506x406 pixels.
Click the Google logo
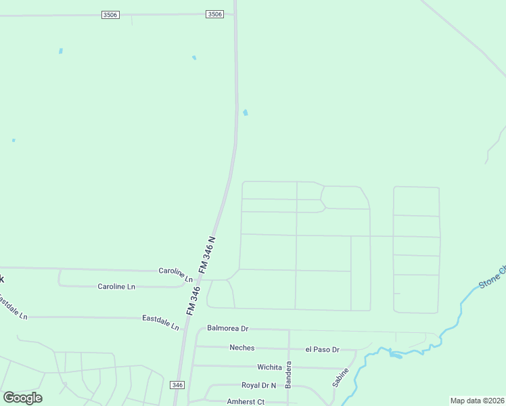pos(22,398)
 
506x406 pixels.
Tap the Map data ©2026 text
pos(477,401)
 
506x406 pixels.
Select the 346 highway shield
pos(177,384)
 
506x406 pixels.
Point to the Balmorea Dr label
pos(228,328)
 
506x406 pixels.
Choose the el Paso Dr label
pos(321,350)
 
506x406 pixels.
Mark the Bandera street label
pos(288,374)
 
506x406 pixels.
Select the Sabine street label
pos(341,377)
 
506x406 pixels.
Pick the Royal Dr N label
pos(259,385)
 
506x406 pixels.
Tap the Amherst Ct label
pos(245,401)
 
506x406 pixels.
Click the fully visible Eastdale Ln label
pos(160,321)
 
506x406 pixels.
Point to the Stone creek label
pos(492,278)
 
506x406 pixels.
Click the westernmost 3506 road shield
pos(110,15)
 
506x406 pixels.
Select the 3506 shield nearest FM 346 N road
pos(214,14)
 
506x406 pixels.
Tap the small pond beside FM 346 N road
pos(245,112)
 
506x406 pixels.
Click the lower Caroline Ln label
pos(116,286)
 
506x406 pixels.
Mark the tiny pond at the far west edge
pos(14,140)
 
